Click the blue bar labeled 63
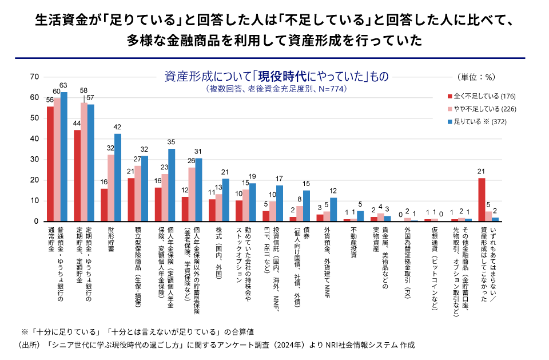pyautogui.click(x=64, y=157)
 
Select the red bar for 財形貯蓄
pyautogui.click(x=104, y=205)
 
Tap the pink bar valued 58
pyautogui.click(x=84, y=162)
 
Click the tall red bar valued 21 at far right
pyautogui.click(x=482, y=200)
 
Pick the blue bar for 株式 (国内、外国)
pyautogui.click(x=226, y=200)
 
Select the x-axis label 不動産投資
pyautogui.click(x=353, y=243)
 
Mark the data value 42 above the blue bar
pyautogui.click(x=118, y=127)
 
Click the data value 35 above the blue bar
pyautogui.click(x=172, y=142)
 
